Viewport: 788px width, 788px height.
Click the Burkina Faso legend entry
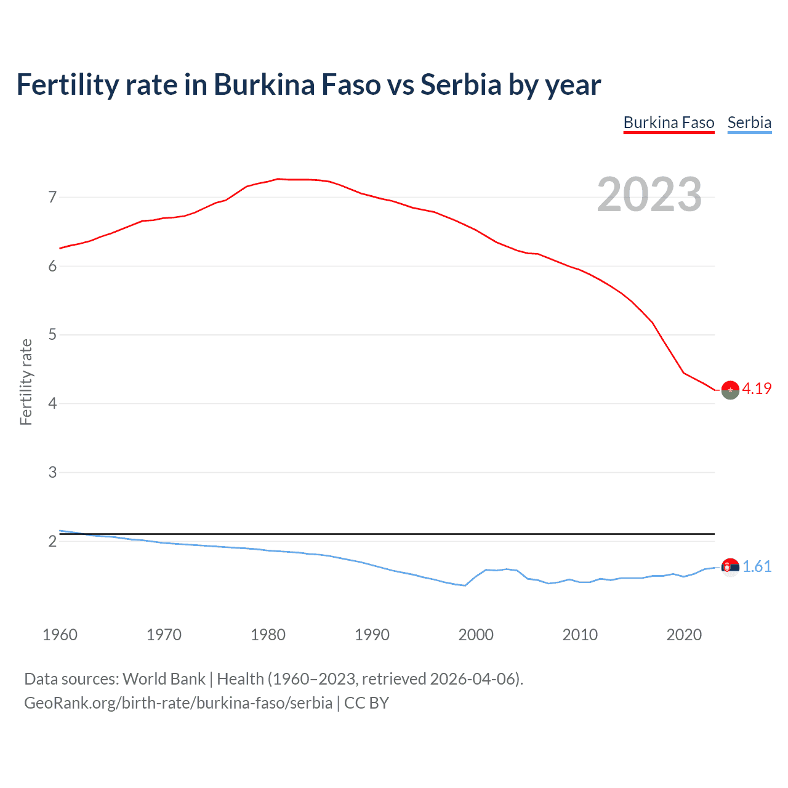coord(669,123)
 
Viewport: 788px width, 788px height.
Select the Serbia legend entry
coord(749,123)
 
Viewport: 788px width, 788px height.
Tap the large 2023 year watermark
coord(649,195)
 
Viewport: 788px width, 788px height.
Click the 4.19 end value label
coord(757,388)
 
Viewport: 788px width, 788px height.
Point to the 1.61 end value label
coord(757,566)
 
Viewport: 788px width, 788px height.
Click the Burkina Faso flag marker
coord(730,390)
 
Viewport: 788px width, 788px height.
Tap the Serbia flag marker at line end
coord(730,567)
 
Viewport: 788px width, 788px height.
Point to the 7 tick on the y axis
coord(52,198)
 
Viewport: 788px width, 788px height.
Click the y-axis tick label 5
coord(52,335)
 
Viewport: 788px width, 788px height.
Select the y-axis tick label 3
coord(52,473)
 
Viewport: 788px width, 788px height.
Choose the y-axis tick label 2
coord(52,542)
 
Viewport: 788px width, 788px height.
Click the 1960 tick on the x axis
coord(60,635)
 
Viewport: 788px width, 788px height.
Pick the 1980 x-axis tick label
coord(268,635)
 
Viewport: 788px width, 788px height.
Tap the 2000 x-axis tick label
coord(476,635)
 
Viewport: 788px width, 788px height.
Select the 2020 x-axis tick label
coord(684,635)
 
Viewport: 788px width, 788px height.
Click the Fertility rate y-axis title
coord(26,382)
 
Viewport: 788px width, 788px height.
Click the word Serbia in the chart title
coord(460,85)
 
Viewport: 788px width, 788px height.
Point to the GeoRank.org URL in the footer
coord(178,703)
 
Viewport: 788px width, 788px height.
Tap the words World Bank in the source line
coord(164,679)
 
